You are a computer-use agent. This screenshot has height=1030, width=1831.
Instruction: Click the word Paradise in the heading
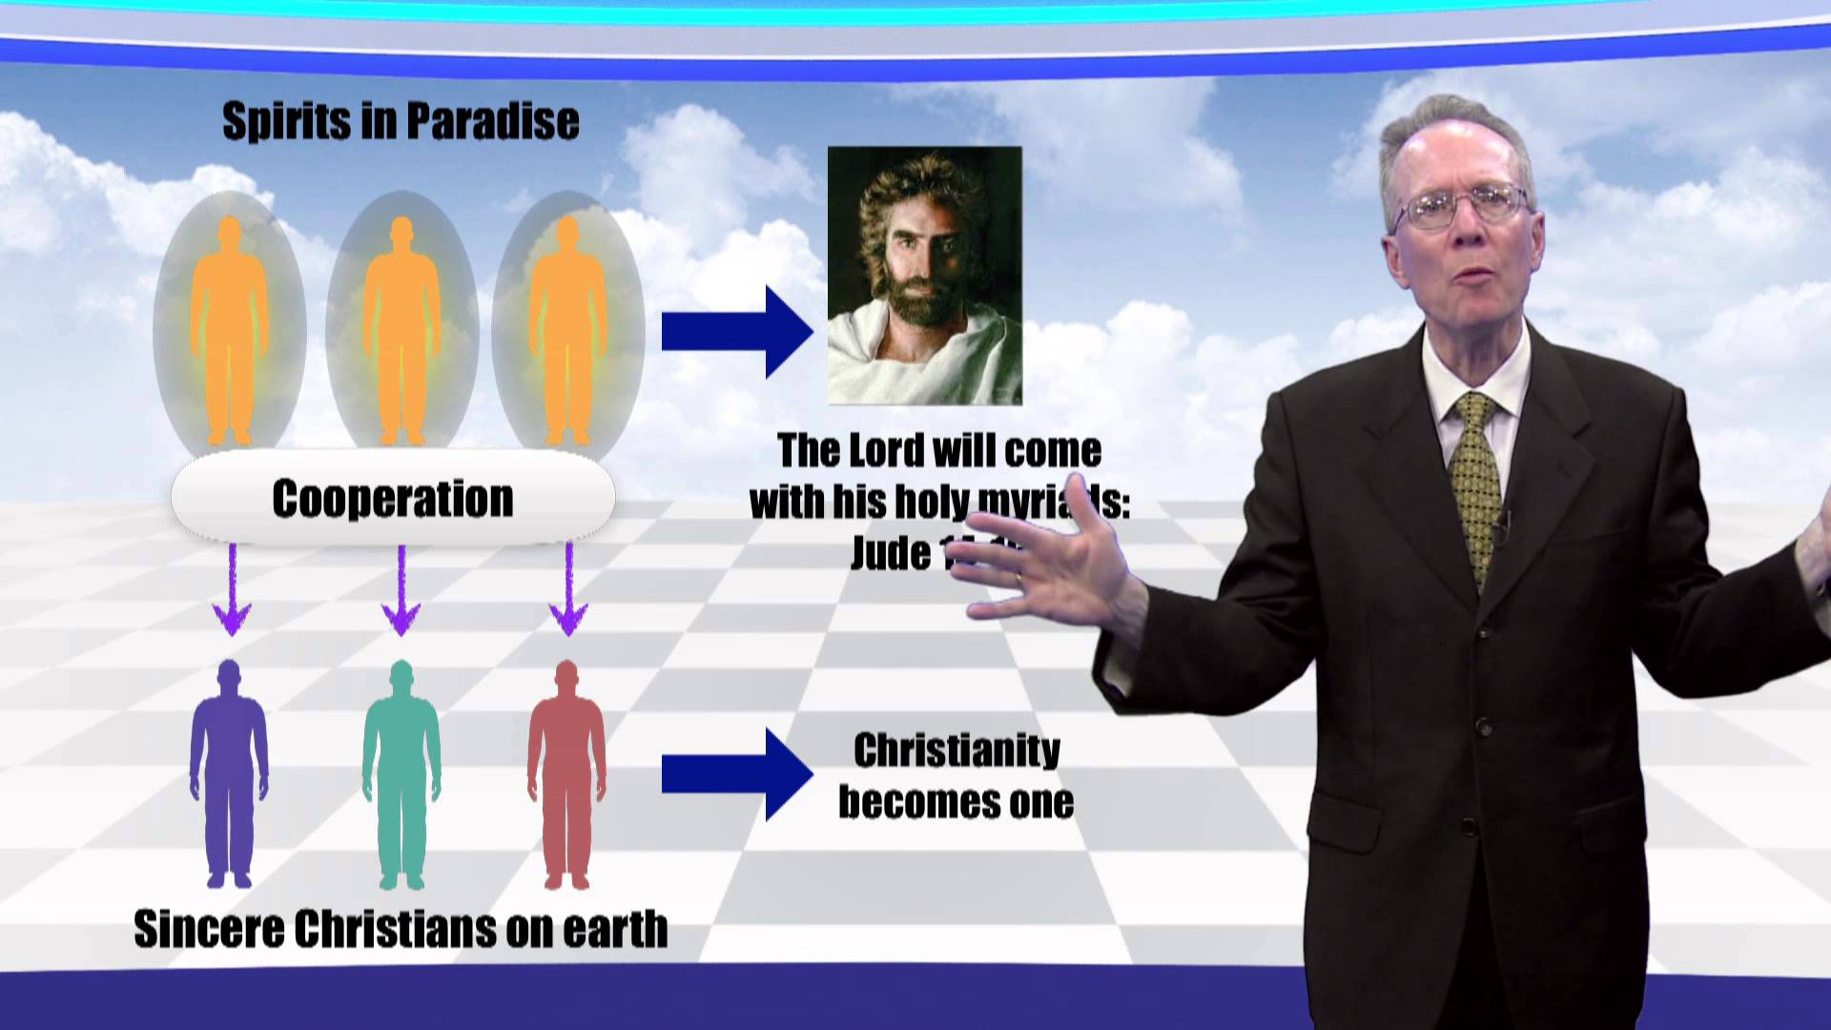coord(492,122)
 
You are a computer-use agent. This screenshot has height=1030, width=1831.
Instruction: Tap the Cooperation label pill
coord(393,499)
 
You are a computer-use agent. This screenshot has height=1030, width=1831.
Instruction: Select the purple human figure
coord(229,772)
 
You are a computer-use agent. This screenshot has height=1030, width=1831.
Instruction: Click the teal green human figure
coord(401,772)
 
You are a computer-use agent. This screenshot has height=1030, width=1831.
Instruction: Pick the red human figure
coord(566,772)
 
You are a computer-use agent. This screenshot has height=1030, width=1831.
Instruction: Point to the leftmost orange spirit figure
coord(229,329)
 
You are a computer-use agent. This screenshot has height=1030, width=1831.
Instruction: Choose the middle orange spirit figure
coord(401,329)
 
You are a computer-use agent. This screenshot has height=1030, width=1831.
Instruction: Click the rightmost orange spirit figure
coord(567,329)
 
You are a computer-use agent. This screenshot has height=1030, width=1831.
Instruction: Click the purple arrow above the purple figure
coord(232,591)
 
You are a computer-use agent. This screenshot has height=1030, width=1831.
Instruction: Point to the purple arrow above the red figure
coord(569,591)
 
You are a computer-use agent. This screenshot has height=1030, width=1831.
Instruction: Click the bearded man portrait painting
coord(924,275)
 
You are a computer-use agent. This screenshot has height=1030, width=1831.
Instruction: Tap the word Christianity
coord(957,751)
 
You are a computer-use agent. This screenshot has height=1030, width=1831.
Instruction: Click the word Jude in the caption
coord(890,554)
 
